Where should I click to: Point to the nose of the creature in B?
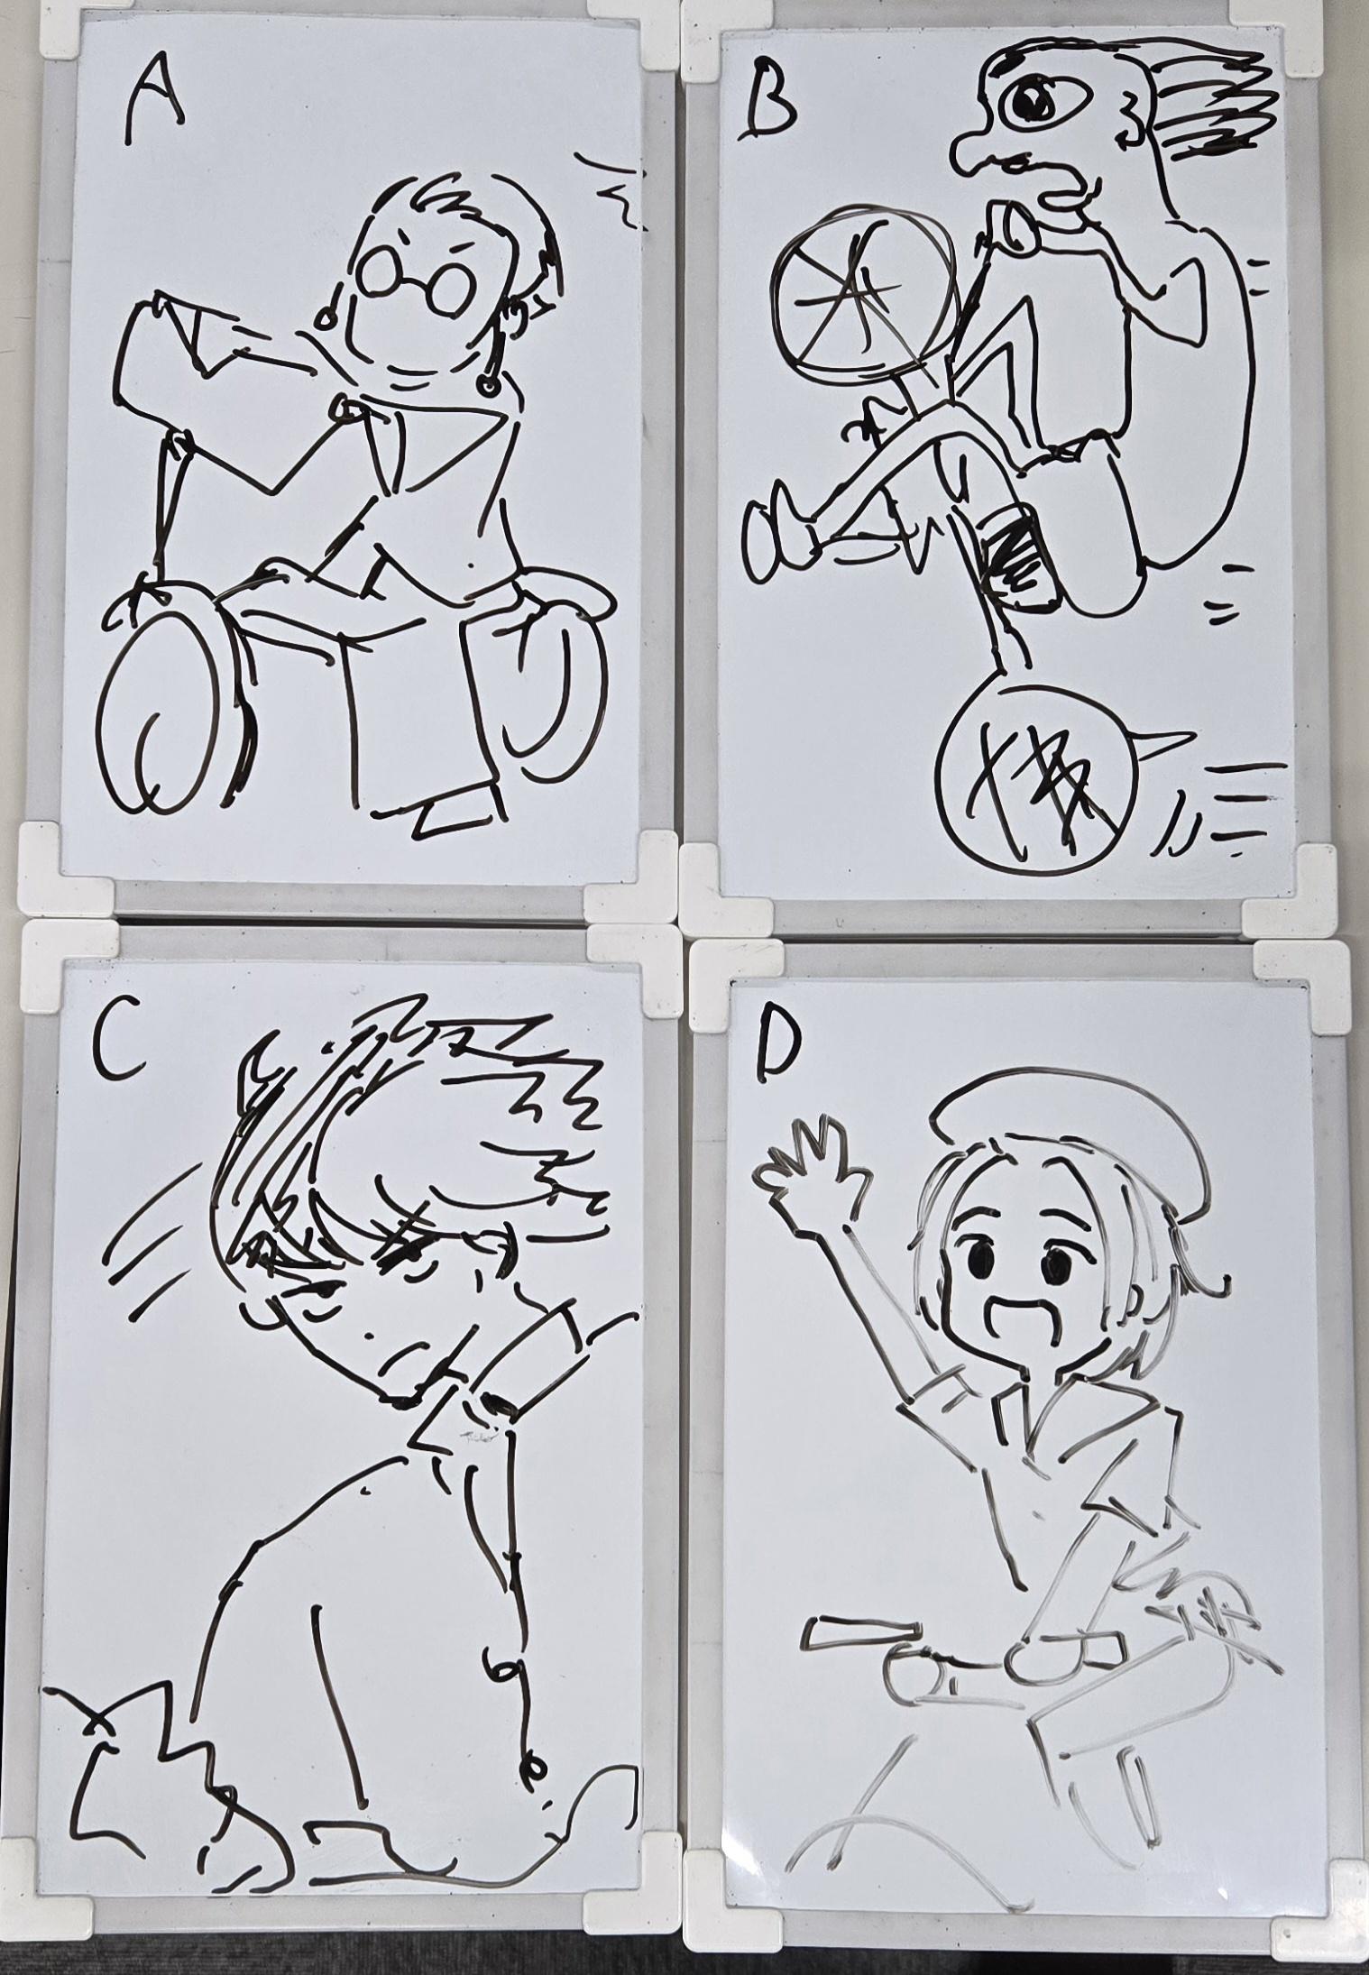[x=983, y=149]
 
